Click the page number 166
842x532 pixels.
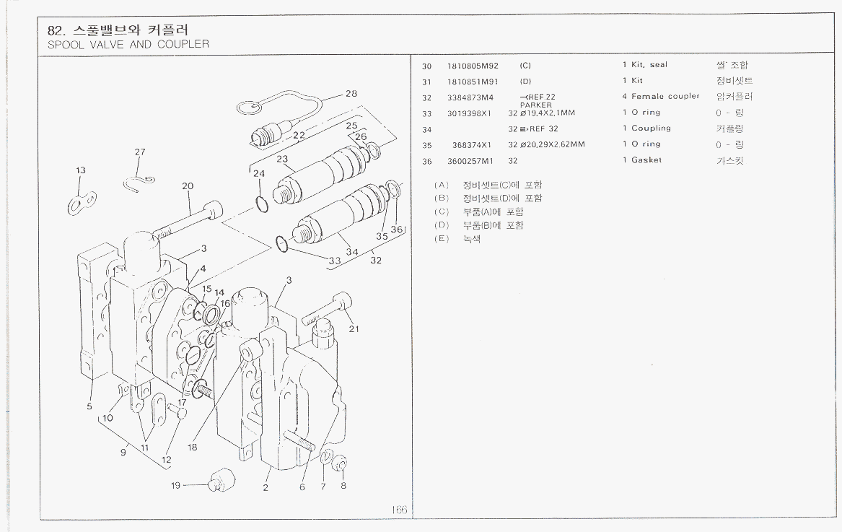tap(399, 510)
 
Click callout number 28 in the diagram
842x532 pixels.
tap(351, 94)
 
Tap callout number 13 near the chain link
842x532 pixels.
tap(81, 170)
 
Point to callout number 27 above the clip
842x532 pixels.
tap(140, 152)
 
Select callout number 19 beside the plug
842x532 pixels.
tap(175, 486)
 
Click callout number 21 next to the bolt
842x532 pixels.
tap(354, 329)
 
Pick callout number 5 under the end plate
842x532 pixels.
tap(89, 406)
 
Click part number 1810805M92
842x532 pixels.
tap(473, 66)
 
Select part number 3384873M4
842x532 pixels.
tap(469, 97)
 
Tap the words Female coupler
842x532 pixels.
tap(665, 97)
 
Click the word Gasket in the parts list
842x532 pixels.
tap(646, 160)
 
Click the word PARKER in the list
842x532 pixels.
tap(535, 105)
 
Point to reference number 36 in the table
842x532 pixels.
tap(426, 161)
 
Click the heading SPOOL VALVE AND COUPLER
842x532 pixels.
tap(128, 44)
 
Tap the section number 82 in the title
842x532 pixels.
tap(54, 30)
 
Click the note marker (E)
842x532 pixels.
tap(442, 239)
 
